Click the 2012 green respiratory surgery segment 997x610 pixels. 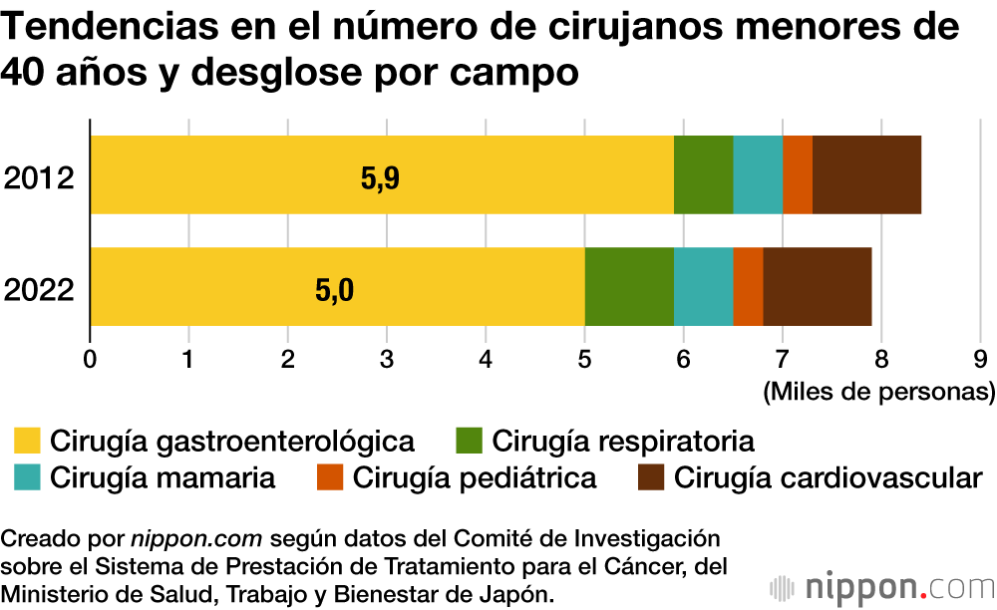pyautogui.click(x=703, y=174)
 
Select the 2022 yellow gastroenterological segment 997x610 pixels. pyautogui.click(x=337, y=287)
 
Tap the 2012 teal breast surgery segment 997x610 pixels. pyautogui.click(x=758, y=174)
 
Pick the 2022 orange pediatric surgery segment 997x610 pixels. pyautogui.click(x=748, y=287)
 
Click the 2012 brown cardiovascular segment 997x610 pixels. pyautogui.click(x=866, y=174)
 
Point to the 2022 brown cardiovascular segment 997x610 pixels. pyautogui.click(x=818, y=287)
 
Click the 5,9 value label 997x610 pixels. pyautogui.click(x=379, y=179)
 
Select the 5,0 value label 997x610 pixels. pyautogui.click(x=334, y=291)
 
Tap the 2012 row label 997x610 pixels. pyautogui.click(x=40, y=179)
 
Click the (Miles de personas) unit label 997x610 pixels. pyautogui.click(x=878, y=392)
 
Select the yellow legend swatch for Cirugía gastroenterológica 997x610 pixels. pyautogui.click(x=28, y=440)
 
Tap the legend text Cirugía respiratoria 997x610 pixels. pyautogui.click(x=623, y=440)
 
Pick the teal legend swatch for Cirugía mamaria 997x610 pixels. pyautogui.click(x=28, y=477)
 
